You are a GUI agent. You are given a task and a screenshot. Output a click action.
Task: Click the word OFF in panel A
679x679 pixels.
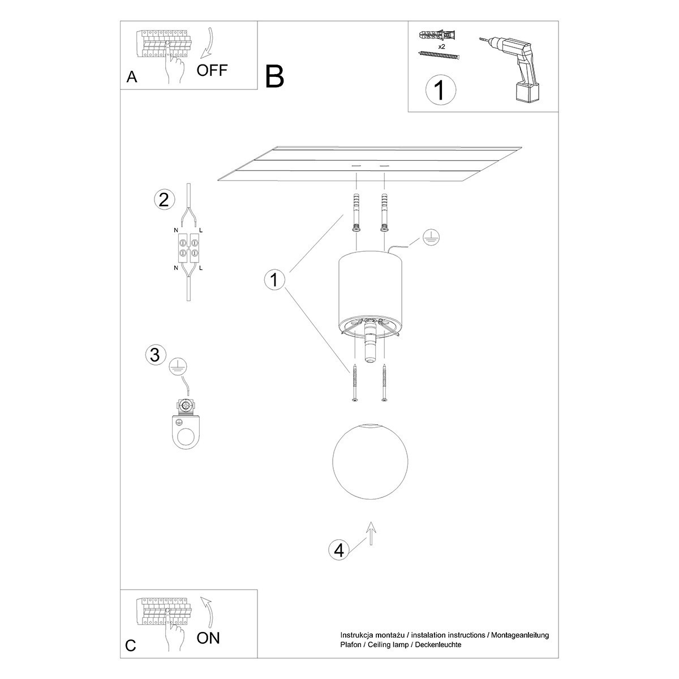(212, 70)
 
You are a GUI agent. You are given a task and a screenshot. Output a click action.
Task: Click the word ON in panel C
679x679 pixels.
(208, 638)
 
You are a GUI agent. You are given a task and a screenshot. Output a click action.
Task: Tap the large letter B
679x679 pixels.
(274, 76)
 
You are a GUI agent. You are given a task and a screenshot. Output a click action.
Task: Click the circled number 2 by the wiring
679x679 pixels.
(164, 200)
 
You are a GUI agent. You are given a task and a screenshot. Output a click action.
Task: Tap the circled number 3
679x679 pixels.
(156, 355)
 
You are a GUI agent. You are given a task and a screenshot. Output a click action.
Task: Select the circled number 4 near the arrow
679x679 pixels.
(339, 550)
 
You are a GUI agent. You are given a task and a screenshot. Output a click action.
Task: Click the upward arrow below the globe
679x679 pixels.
(371, 533)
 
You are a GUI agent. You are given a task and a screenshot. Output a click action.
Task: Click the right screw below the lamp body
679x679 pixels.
(385, 383)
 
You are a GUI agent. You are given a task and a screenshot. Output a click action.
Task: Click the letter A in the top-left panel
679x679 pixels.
(132, 78)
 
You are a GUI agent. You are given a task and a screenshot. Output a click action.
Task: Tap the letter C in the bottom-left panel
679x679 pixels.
(131, 646)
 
